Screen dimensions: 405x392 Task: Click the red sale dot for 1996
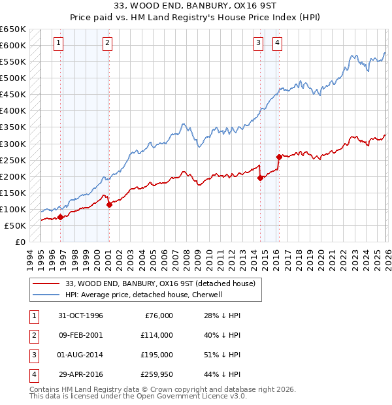pos(61,217)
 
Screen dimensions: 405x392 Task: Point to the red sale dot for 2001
pos(109,204)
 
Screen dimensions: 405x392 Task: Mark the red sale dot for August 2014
pos(260,178)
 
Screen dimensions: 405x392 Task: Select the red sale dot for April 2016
pos(279,157)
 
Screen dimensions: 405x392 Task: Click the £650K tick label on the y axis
pos(12,29)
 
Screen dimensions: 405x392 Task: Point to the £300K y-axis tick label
pos(12,144)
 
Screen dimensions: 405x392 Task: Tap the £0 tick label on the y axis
pos(20,242)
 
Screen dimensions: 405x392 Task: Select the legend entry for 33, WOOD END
pos(163,283)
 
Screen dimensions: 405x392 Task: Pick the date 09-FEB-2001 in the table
pos(79,335)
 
